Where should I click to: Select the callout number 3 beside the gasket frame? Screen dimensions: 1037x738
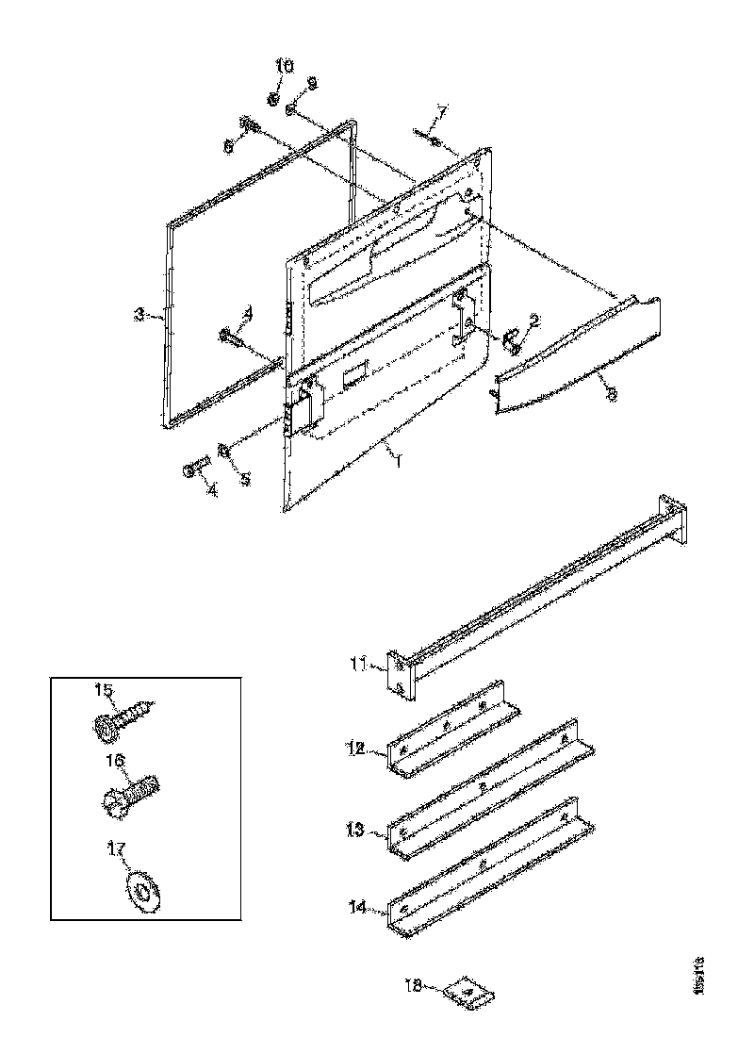point(139,315)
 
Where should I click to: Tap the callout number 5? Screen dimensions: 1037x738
point(244,480)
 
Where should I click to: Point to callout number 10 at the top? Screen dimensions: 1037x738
point(285,65)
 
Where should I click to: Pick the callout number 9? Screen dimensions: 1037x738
point(312,83)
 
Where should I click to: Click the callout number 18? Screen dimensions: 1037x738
point(412,984)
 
